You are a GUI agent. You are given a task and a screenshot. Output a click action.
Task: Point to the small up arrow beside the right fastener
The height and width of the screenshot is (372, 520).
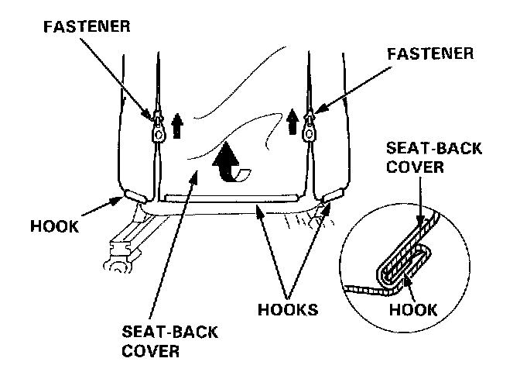point(292,121)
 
